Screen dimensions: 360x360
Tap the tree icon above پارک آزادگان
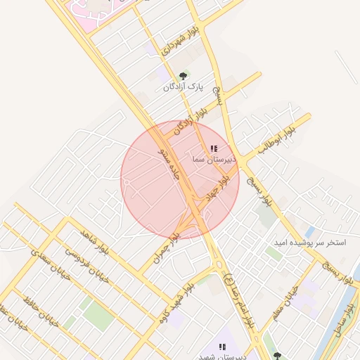point(184,75)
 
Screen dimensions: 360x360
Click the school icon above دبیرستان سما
point(214,149)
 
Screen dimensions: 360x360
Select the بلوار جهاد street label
point(224,186)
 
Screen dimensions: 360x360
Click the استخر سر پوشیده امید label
point(311,242)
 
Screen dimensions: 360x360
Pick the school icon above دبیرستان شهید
point(222,347)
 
